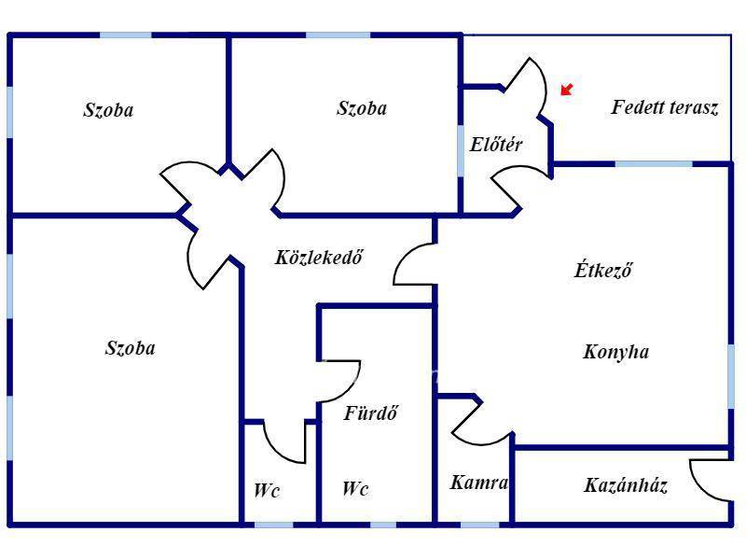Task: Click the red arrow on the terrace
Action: (x=566, y=90)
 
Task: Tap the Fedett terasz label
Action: (x=664, y=107)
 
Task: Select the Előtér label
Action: (x=495, y=145)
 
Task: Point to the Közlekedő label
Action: (x=318, y=257)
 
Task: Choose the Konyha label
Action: (x=615, y=352)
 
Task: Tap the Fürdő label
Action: (x=371, y=413)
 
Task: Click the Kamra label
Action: (x=478, y=483)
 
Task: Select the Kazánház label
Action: (x=626, y=485)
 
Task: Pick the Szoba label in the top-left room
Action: (x=108, y=110)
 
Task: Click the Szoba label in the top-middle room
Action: (x=361, y=108)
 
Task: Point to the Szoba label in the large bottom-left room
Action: (x=130, y=349)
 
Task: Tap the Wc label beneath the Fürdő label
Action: (x=355, y=489)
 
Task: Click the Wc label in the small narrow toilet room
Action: (x=267, y=490)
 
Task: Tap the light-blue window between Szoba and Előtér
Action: (x=461, y=149)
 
